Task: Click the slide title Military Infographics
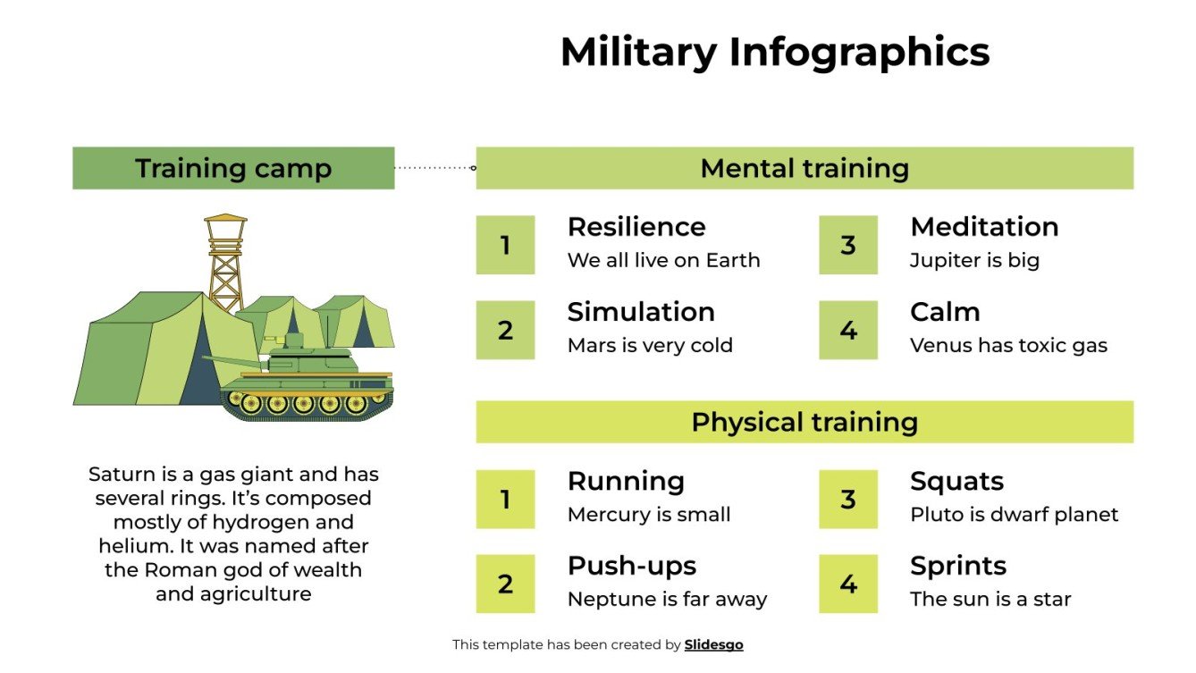point(774,52)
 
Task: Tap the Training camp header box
point(233,168)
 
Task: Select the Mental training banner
point(804,168)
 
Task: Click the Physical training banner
point(804,422)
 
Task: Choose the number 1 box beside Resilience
point(505,245)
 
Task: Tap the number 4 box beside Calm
point(848,330)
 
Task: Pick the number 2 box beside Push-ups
point(505,585)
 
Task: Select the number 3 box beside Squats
point(848,500)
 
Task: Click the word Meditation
point(984,227)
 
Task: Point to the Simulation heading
point(641,312)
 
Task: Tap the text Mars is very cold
point(650,346)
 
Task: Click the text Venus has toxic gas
point(1008,346)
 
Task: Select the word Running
point(626,481)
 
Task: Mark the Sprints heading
point(958,566)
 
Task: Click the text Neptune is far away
point(667,600)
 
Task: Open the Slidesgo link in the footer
point(713,644)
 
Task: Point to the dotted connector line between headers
point(434,167)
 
